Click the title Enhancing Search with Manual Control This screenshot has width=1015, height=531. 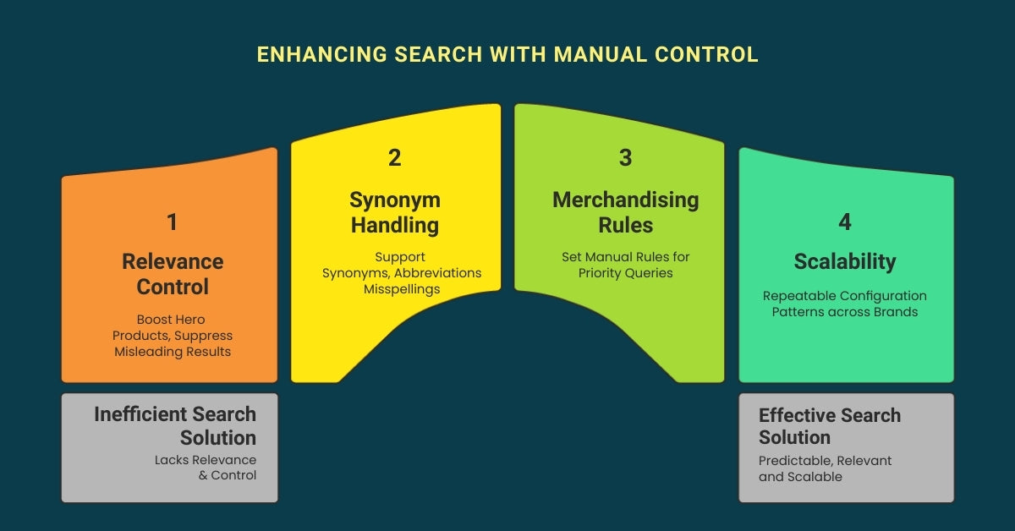(x=507, y=55)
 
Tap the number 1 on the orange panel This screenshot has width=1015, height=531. (x=173, y=222)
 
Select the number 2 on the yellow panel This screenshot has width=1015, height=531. (x=394, y=157)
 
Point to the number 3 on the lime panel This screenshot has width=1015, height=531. (x=625, y=157)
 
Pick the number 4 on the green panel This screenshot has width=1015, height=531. (x=844, y=222)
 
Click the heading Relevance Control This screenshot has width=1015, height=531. (x=173, y=274)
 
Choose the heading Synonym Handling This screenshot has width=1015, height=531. (x=394, y=212)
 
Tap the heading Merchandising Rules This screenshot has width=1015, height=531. (x=625, y=212)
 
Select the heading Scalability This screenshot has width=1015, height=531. (x=844, y=262)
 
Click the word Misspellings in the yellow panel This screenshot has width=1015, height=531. (x=402, y=288)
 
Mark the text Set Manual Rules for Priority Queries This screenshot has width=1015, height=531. (x=625, y=265)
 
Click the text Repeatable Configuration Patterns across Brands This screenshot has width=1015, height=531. (x=844, y=304)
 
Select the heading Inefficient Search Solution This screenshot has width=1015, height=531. (x=175, y=426)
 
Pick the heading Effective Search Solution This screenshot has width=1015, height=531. (x=829, y=426)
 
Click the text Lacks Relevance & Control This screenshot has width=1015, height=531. (x=205, y=468)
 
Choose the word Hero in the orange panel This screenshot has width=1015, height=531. (x=189, y=320)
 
